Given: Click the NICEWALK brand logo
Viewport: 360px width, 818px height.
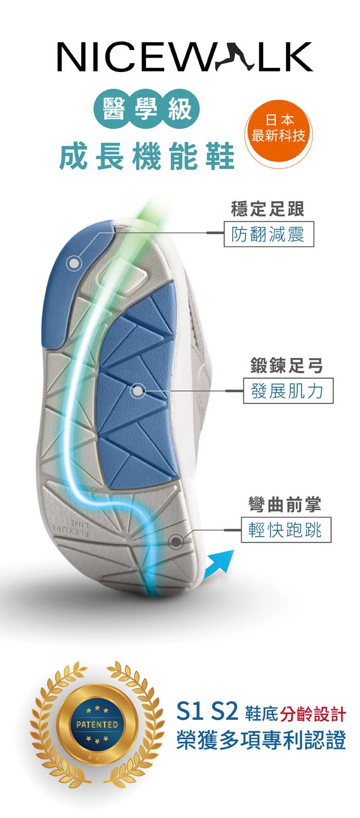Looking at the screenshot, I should [x=185, y=56].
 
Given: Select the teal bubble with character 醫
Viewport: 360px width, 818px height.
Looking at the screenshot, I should [x=114, y=108].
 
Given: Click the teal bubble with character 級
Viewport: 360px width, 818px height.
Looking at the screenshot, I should [x=179, y=108].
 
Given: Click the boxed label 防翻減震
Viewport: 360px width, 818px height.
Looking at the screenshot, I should [x=268, y=234].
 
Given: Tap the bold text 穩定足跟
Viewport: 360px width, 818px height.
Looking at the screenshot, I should [x=268, y=209].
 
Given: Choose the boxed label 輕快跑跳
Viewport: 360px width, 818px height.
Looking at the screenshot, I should [x=286, y=530].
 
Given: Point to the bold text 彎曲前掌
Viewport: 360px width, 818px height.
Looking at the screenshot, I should [x=284, y=505].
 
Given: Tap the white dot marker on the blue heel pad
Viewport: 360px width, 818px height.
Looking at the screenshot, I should [x=75, y=263].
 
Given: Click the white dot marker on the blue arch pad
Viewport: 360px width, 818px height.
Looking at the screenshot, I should [x=137, y=391].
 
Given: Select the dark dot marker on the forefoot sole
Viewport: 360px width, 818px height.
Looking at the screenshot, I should [x=176, y=541].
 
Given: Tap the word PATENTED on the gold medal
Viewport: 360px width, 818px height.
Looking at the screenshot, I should [x=97, y=724].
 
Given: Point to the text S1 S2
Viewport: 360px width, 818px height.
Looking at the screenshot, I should [x=207, y=712].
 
